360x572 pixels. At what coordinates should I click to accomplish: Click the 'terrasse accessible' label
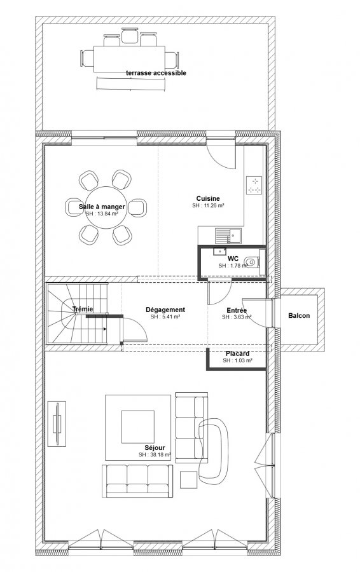tap(156, 73)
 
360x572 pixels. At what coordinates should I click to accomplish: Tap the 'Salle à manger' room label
tap(102, 207)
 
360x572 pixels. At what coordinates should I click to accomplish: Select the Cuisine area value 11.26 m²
tap(208, 205)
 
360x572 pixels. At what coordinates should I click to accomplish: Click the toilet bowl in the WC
tap(251, 261)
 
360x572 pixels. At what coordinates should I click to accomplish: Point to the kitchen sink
tap(228, 236)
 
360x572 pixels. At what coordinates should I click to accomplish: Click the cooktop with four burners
tap(254, 185)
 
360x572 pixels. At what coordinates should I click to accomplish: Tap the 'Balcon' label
tap(299, 315)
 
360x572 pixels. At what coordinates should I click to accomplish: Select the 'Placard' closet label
tap(237, 353)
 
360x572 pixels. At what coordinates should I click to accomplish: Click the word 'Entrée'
tap(237, 310)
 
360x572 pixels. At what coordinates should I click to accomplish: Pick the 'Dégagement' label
tap(165, 310)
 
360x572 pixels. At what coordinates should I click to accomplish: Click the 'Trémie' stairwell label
tap(83, 309)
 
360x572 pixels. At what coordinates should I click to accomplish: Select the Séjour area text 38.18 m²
tap(155, 454)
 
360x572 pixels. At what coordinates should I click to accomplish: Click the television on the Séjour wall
tap(57, 423)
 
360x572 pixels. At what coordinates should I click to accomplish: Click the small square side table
tap(189, 480)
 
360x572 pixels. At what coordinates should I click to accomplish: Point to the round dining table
tap(106, 207)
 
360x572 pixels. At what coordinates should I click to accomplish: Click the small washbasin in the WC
tap(219, 251)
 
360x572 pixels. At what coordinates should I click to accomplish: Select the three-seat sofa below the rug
tap(137, 481)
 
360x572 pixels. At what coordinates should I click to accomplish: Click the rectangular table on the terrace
tap(129, 58)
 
